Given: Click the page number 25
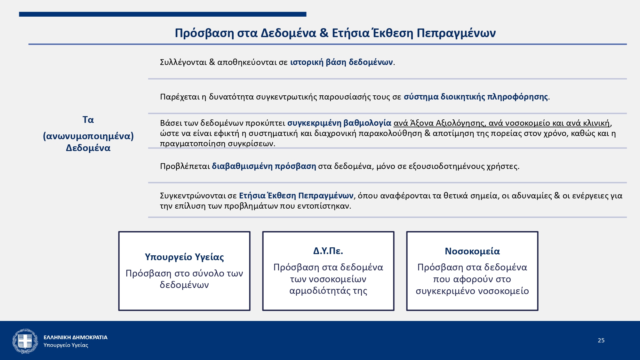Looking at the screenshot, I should (601, 340).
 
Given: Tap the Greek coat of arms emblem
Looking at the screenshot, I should (25, 341).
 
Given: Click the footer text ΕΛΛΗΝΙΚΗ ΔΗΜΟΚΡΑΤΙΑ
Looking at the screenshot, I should (76, 337).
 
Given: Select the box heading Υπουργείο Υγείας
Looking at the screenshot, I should (184, 257).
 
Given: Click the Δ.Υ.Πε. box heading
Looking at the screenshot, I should (328, 251).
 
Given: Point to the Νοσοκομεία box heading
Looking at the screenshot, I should (472, 251).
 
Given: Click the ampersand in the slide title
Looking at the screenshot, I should (324, 33).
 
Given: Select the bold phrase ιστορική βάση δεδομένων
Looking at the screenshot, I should (341, 62).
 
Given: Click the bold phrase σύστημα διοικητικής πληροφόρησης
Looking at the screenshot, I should (476, 97).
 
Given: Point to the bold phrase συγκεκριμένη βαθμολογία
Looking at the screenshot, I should (339, 123).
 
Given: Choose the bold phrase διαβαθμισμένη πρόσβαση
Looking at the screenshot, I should (264, 166).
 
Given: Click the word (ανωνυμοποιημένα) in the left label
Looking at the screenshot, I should (88, 136).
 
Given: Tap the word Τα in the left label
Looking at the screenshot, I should (88, 120).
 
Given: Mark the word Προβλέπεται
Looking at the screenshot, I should (185, 166).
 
